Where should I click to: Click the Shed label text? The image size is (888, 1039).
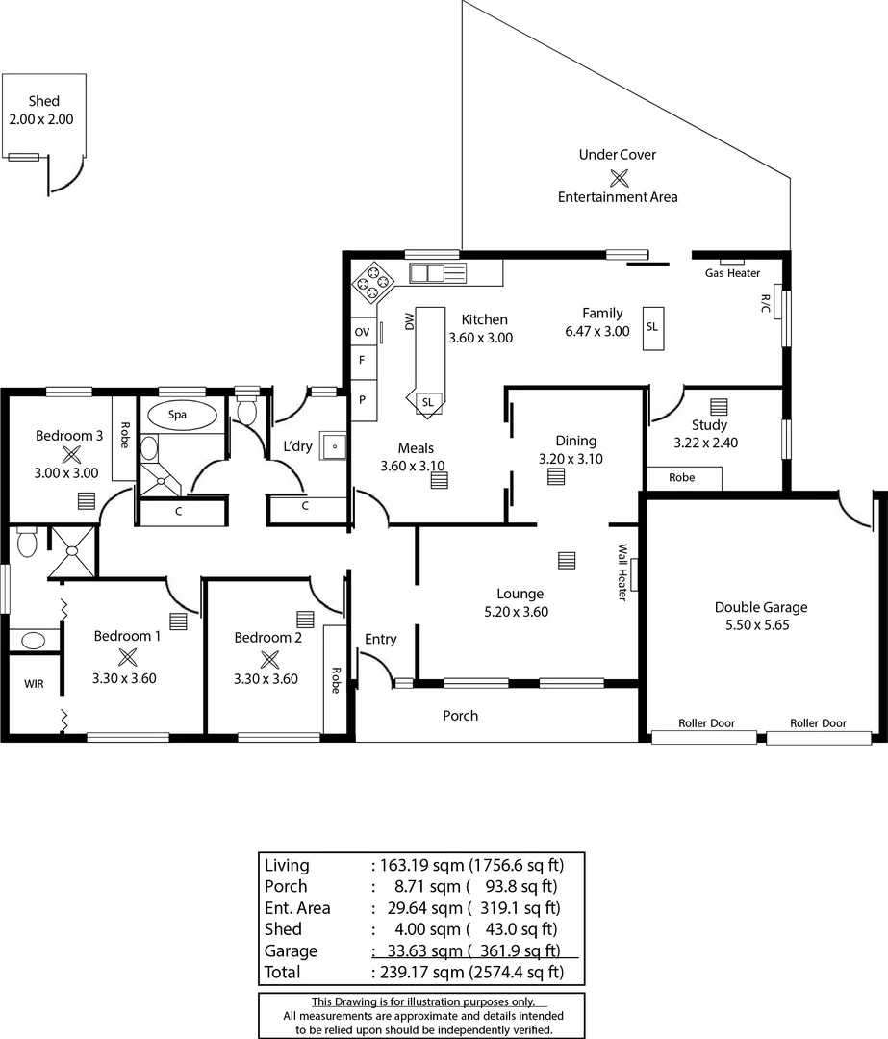tap(43, 101)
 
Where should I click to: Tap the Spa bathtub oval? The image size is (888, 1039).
tap(178, 416)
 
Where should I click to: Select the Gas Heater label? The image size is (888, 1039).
tap(732, 273)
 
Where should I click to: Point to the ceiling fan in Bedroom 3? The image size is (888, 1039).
tap(70, 456)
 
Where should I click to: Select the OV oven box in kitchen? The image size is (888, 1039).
tap(363, 332)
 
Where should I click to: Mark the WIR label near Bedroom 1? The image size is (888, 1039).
tap(34, 683)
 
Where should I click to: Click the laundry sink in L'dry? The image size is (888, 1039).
tap(334, 446)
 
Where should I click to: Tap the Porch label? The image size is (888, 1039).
tap(460, 716)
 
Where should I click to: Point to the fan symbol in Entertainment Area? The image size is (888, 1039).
tap(619, 176)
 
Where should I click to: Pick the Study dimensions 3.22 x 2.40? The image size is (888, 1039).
tap(709, 443)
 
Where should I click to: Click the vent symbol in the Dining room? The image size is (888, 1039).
tap(555, 476)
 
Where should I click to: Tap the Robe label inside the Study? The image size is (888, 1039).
tap(682, 478)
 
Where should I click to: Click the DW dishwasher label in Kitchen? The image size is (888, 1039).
tap(409, 319)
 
